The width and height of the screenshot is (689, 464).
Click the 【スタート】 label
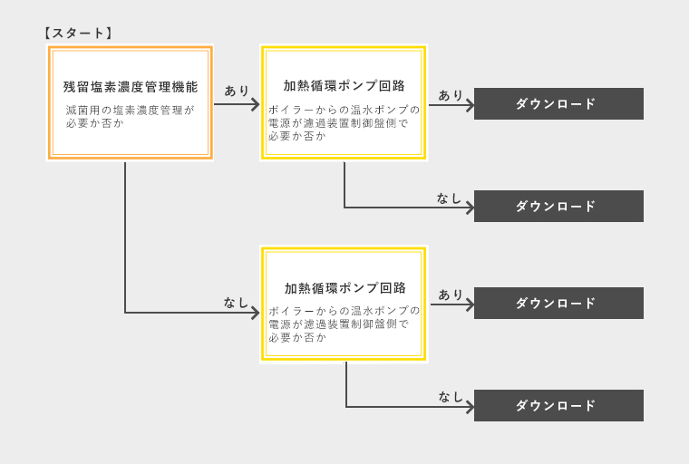click(x=78, y=34)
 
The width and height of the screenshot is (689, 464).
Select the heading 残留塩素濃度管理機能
click(x=131, y=87)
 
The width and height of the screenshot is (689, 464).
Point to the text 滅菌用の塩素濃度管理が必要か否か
click(x=130, y=116)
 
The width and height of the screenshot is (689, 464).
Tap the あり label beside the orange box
click(x=237, y=91)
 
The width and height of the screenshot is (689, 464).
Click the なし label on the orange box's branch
click(x=236, y=303)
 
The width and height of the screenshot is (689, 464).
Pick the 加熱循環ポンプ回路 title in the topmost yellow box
click(x=344, y=86)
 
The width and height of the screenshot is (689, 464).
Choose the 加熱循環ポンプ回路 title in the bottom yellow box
click(x=344, y=288)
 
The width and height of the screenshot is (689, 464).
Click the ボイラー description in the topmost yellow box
click(x=344, y=122)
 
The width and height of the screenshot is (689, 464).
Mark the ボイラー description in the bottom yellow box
click(x=344, y=324)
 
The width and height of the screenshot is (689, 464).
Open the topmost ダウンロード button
click(x=558, y=103)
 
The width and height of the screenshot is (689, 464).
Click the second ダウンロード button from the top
click(x=558, y=206)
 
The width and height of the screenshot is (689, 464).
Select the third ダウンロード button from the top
click(x=558, y=304)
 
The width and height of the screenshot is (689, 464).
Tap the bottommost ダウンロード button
click(x=558, y=406)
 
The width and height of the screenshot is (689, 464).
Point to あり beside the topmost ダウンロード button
click(x=451, y=95)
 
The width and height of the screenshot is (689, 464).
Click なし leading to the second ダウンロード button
click(x=449, y=198)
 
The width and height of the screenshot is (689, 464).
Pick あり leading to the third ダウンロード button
click(x=451, y=295)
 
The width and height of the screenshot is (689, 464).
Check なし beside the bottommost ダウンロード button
click(x=451, y=397)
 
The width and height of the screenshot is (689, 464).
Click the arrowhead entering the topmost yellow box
click(x=256, y=104)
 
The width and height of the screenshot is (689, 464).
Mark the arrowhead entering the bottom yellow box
click(x=256, y=313)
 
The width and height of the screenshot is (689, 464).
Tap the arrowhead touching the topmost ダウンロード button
click(x=470, y=105)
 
